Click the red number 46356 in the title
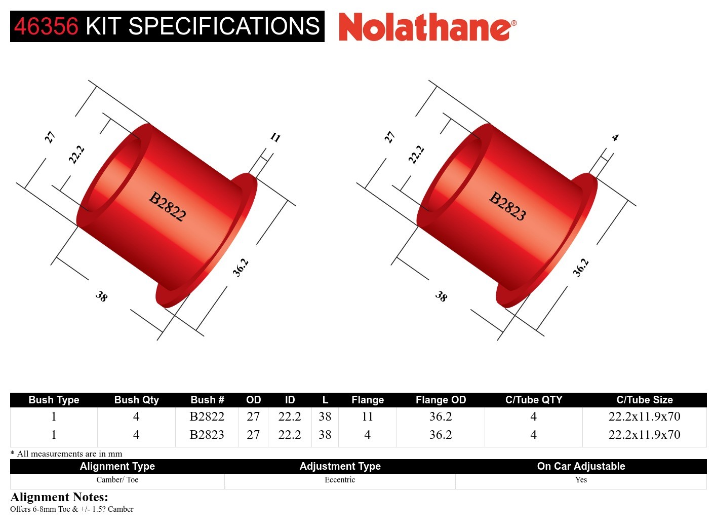46,26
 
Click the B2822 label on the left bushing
168,206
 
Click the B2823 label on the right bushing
507,206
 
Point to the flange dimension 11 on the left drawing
275,137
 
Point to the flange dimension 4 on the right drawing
615,137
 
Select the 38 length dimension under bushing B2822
101,296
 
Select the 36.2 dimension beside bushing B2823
581,268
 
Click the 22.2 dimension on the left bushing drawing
76,155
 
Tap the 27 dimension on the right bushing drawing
389,137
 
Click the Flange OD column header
441,400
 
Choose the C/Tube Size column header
644,400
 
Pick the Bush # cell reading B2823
207,435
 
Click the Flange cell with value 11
367,417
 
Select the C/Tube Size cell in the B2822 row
644,417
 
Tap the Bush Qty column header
136,400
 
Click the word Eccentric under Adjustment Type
340,480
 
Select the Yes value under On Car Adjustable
581,480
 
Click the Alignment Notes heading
59,497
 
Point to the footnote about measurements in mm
66,454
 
